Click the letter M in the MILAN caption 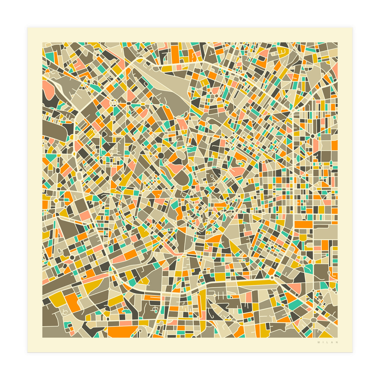click(x=319, y=342)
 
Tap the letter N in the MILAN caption click(x=337, y=342)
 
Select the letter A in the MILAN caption click(x=332, y=342)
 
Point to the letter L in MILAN click(x=328, y=342)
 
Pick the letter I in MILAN click(x=323, y=342)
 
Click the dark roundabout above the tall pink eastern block click(x=313, y=136)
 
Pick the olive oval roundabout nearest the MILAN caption click(x=313, y=320)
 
